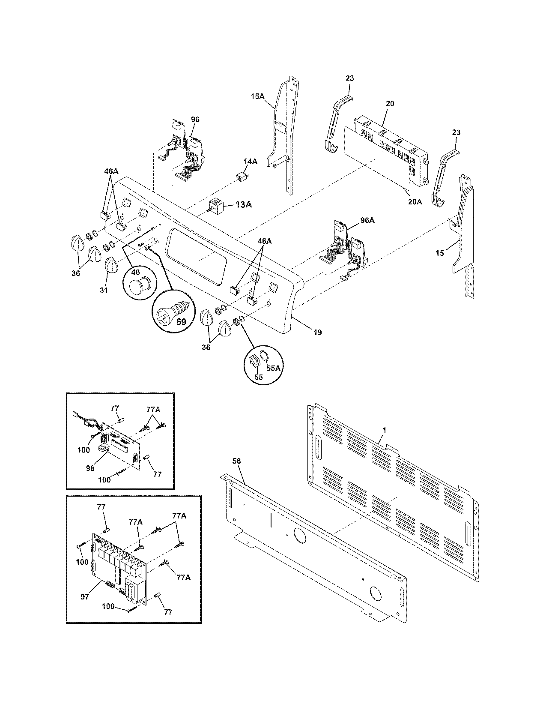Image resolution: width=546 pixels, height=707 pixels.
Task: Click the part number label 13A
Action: tap(243, 205)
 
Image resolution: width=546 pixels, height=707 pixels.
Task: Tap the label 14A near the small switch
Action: tap(251, 162)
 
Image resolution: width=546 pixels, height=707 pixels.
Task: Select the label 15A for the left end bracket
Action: tap(257, 97)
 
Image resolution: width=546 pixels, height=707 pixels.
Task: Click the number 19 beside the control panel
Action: tap(317, 332)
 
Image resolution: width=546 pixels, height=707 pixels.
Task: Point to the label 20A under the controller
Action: tap(415, 201)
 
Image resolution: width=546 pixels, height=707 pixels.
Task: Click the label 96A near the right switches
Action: tap(367, 220)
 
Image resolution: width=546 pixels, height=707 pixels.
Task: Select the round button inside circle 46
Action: tap(140, 287)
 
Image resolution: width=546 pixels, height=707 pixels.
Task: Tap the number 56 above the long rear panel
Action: tap(237, 461)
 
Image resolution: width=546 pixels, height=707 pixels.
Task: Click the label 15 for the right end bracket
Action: tap(440, 253)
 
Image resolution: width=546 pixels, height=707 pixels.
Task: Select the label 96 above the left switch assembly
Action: tap(195, 120)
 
